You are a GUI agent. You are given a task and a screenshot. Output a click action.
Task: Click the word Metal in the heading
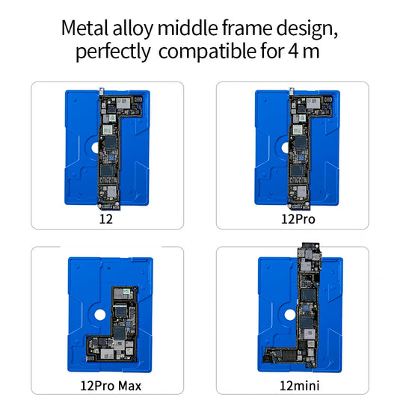84,29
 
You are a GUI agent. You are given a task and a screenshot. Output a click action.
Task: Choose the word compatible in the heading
211,54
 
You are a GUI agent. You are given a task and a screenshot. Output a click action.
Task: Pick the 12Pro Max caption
110,386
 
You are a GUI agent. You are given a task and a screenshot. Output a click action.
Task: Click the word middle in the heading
192,29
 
